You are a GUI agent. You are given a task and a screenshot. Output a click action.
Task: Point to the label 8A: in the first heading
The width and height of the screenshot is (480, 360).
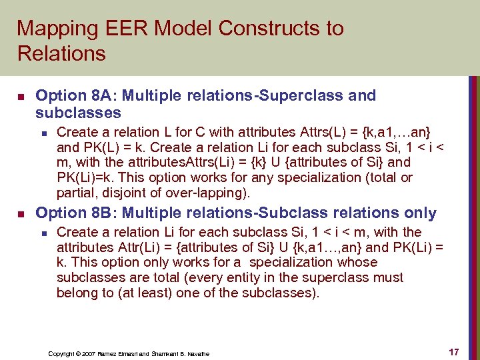click(x=95, y=95)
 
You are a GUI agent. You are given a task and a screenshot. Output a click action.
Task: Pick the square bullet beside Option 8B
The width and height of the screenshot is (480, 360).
click(x=21, y=214)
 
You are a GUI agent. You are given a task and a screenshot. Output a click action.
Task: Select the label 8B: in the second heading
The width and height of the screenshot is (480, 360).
click(x=95, y=213)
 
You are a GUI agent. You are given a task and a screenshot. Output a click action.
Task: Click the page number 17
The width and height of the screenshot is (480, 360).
click(x=453, y=351)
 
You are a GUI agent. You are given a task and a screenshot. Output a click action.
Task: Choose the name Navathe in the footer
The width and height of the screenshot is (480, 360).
click(x=198, y=353)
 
